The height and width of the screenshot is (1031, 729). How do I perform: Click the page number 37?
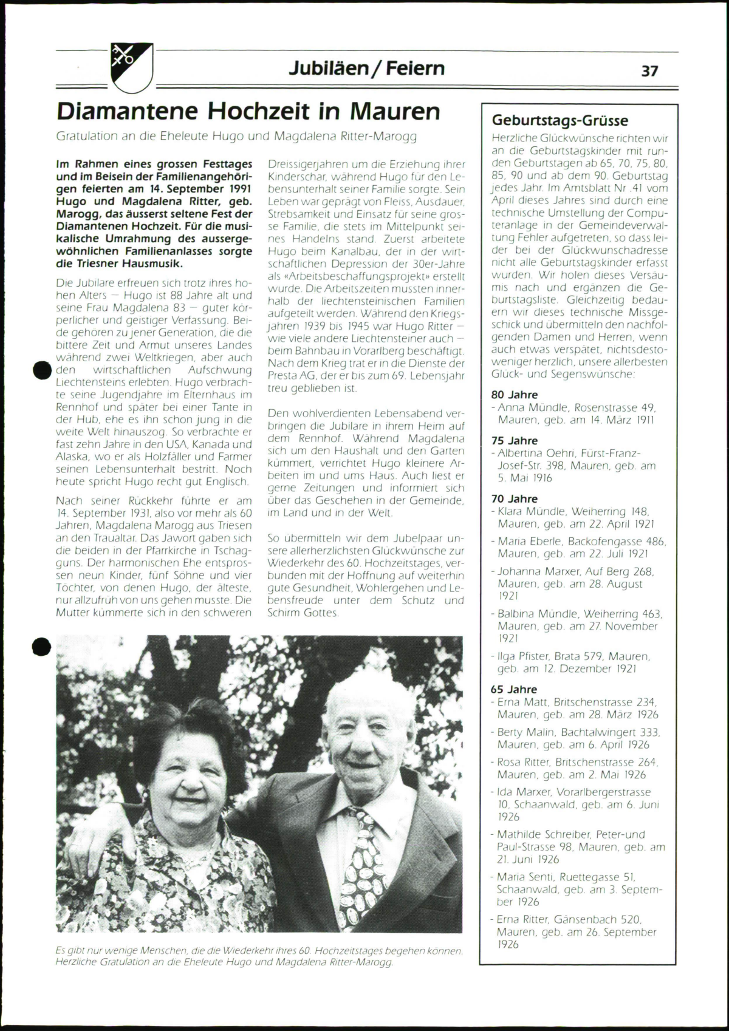[649, 71]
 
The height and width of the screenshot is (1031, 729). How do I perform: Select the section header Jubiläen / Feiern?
[366, 68]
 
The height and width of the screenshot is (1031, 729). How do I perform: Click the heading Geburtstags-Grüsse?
[560, 120]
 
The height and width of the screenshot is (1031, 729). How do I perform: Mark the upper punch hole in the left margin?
[41, 370]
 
